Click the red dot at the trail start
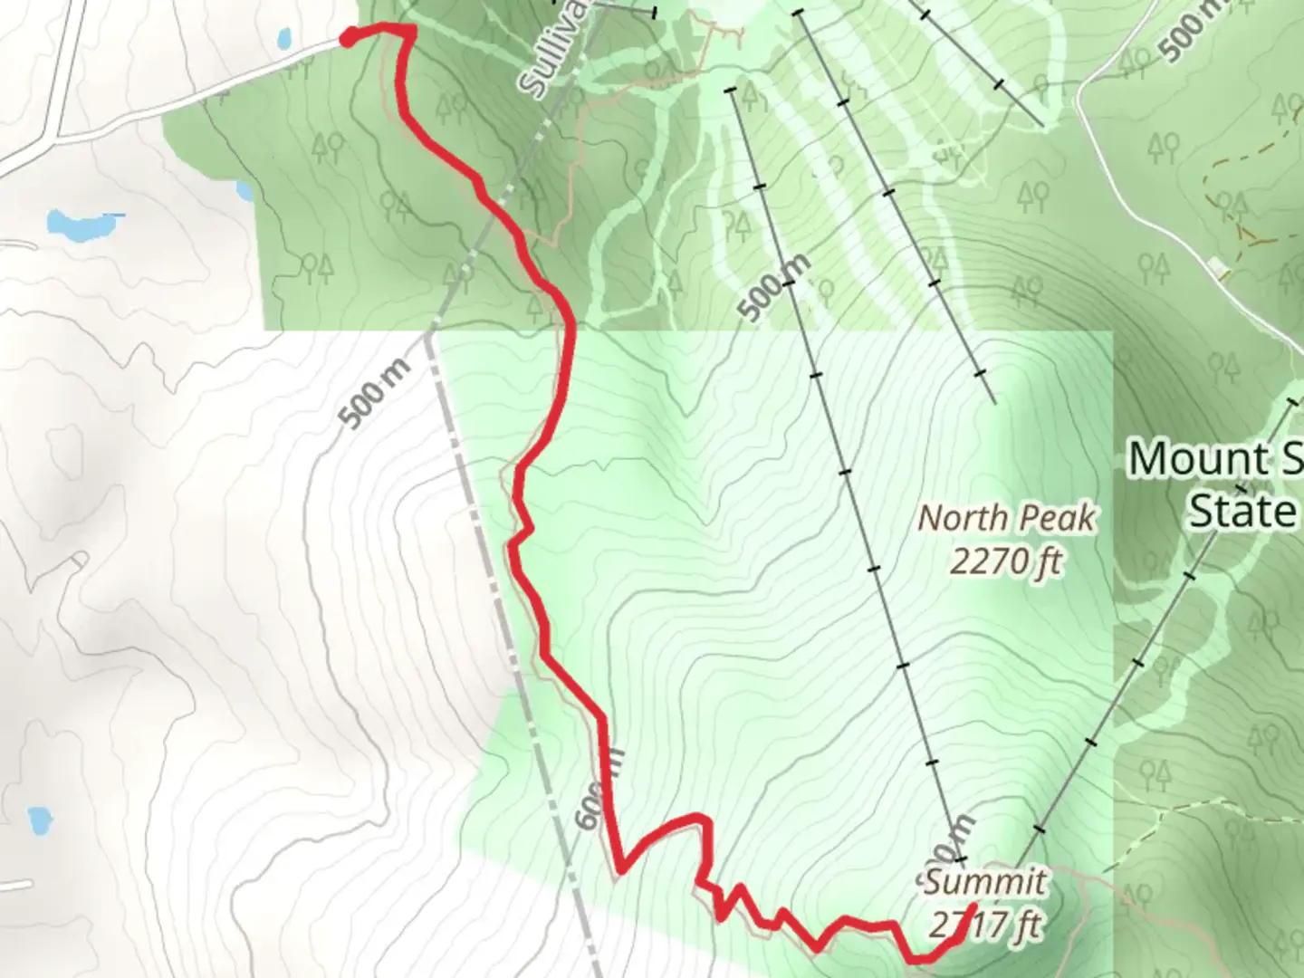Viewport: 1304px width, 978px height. [x=347, y=37]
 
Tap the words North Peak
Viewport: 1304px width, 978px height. [x=1006, y=519]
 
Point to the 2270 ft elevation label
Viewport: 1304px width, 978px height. [x=1006, y=561]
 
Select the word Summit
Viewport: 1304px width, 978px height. [x=984, y=882]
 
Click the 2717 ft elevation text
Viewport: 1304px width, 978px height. [x=984, y=925]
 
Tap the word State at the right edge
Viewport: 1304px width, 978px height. [x=1242, y=512]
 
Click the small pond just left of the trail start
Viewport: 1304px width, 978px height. [x=283, y=39]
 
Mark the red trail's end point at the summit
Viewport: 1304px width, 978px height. [x=973, y=906]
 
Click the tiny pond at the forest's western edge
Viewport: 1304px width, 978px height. [x=244, y=191]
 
